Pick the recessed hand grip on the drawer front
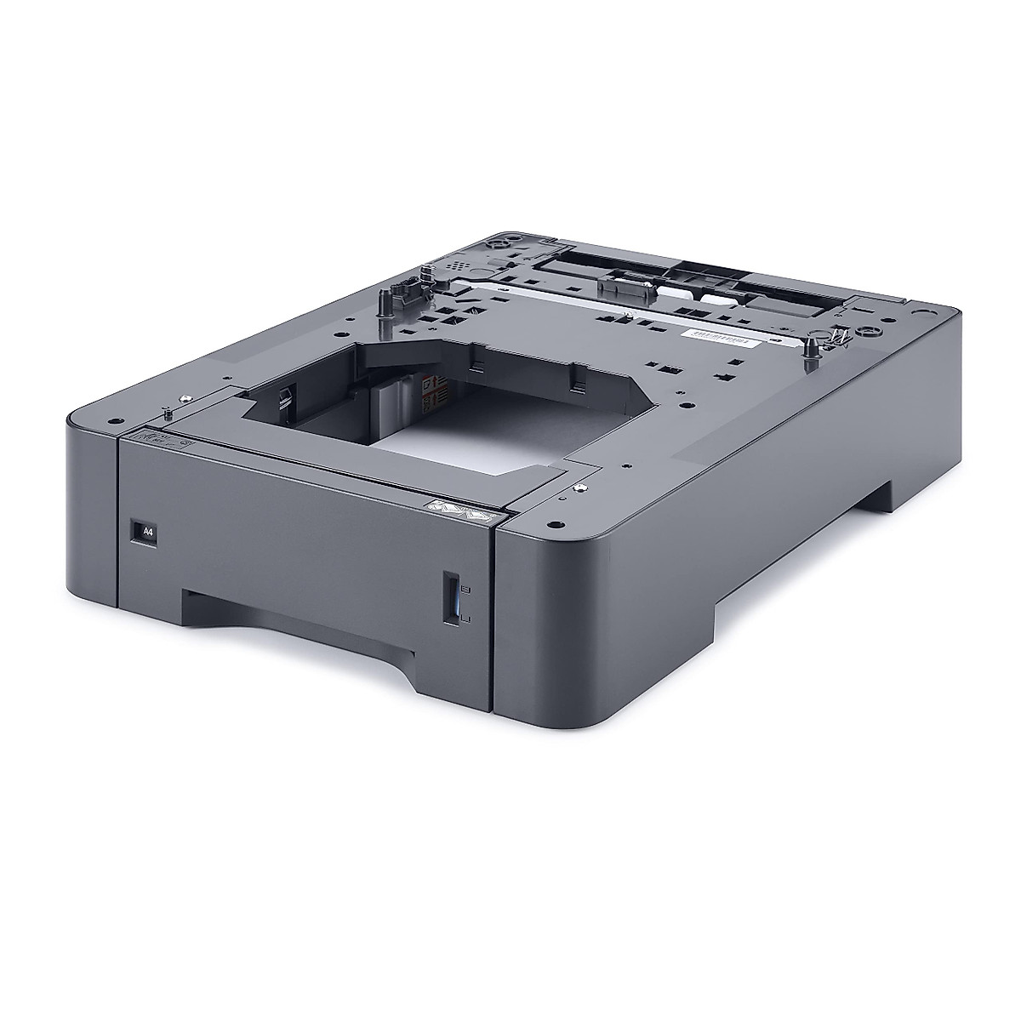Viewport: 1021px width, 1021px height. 298,613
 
